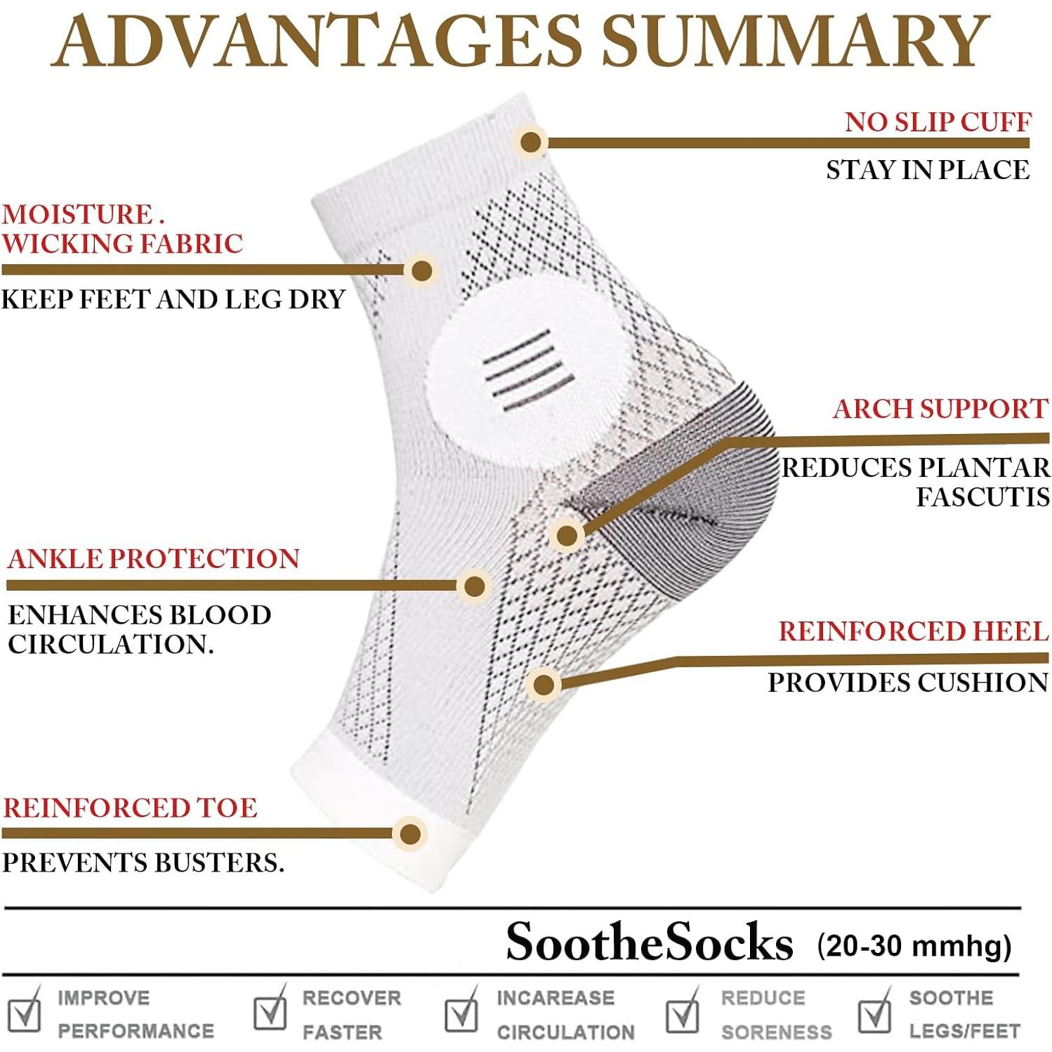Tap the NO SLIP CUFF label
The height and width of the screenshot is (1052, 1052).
coord(938,122)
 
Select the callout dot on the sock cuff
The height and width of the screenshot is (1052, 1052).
coord(531,142)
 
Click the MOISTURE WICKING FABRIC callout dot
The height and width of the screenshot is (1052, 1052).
coord(421,270)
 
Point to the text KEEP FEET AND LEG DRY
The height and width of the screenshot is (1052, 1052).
coord(173,300)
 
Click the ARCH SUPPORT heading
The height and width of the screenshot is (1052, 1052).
coord(940,409)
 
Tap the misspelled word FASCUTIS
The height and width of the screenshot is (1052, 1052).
coord(982,497)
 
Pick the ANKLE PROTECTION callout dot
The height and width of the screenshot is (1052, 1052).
coord(475,586)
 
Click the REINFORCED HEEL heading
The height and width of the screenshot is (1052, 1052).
coord(913,631)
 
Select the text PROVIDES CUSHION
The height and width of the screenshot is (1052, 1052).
coord(907,683)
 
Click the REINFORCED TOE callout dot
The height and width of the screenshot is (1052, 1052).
coord(410,834)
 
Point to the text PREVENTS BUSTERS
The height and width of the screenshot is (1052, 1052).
coord(143,863)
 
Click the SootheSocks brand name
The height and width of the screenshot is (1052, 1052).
coord(649,942)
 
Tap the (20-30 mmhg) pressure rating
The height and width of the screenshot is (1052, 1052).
coord(914,946)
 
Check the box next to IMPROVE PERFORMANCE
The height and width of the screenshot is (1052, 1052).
coord(25,1013)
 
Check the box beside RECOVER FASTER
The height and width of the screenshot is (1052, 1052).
coord(270,1012)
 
